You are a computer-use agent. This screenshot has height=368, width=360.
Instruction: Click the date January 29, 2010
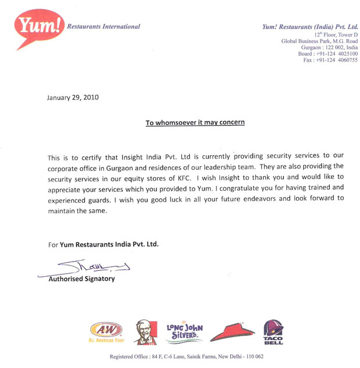(73, 97)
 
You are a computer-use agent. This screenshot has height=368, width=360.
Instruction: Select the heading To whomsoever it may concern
(195, 123)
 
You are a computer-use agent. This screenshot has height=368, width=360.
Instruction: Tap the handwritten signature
(87, 266)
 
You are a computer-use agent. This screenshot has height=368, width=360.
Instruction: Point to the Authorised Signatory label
(81, 278)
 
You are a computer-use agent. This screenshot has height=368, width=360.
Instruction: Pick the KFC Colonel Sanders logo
(146, 332)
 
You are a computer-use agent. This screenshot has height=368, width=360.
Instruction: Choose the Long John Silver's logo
(184, 332)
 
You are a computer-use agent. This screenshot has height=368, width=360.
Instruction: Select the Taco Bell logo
(273, 332)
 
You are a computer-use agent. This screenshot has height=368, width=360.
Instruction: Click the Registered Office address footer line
(186, 356)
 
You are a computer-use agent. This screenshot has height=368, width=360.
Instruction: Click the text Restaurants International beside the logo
(103, 26)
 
